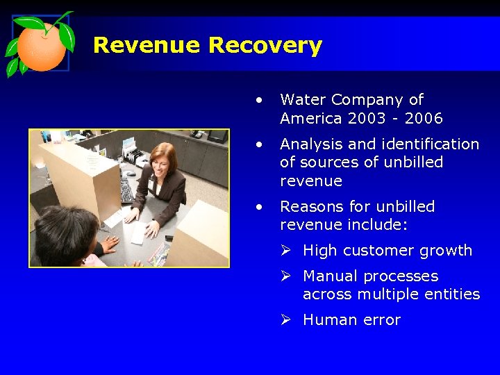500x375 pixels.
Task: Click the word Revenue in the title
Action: pos(147,46)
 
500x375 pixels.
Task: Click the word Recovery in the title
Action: pos(265,47)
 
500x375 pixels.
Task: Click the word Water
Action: pos(301,100)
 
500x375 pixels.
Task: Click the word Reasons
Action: pos(310,207)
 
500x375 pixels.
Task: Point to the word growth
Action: pos(449,251)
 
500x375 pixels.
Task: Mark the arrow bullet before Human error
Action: pos(285,320)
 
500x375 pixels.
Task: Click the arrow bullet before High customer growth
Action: pos(285,251)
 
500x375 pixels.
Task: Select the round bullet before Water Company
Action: pos(258,100)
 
